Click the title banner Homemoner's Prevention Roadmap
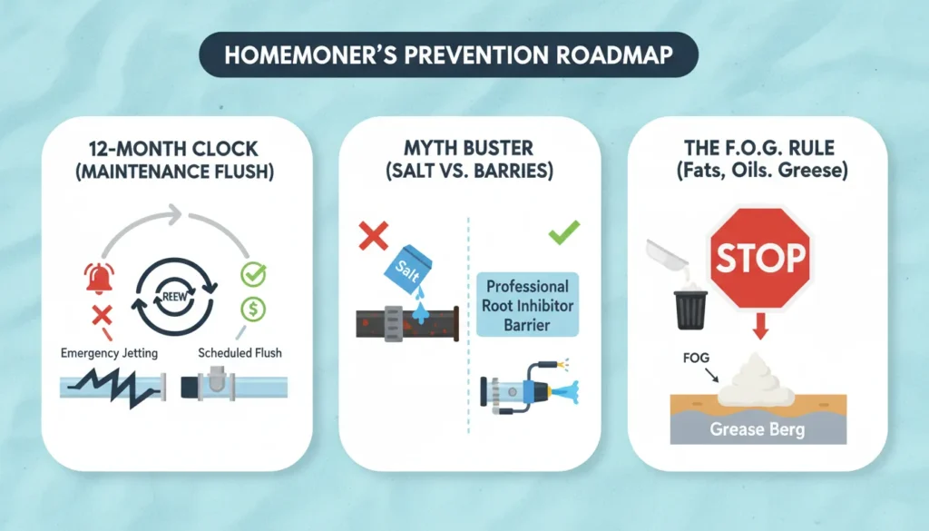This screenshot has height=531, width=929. (449, 54)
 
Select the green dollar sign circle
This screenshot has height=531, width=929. (252, 309)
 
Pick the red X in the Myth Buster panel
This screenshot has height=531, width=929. (373, 237)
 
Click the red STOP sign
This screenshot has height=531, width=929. (759, 257)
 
